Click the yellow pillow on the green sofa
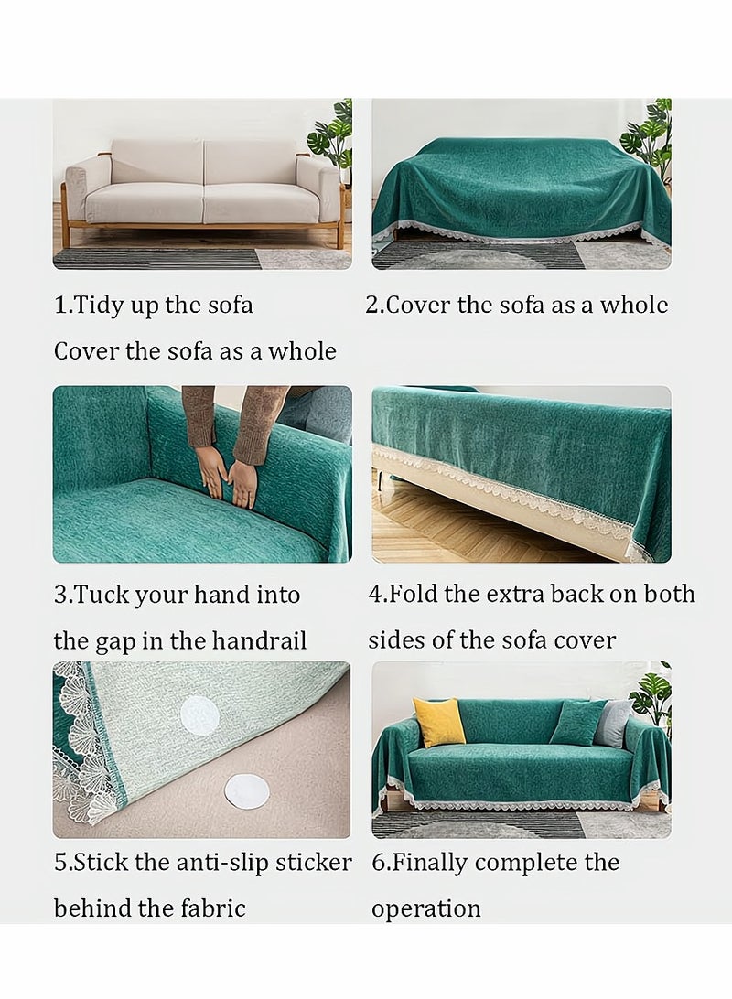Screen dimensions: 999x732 (439, 722)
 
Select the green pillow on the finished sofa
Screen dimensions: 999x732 (577, 723)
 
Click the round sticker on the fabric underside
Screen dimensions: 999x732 (199, 714)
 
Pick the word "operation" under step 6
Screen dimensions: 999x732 (425, 908)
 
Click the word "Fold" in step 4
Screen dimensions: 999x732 (414, 594)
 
